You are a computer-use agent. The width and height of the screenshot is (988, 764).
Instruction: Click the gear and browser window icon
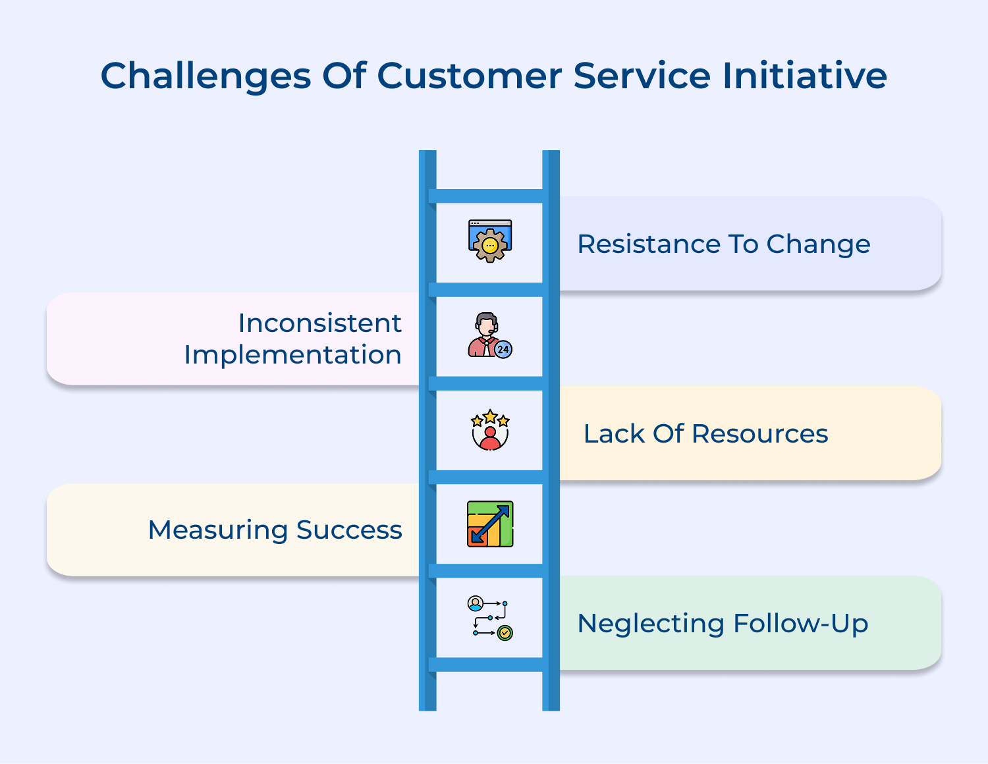pyautogui.click(x=490, y=241)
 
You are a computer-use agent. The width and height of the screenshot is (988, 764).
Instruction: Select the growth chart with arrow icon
pyautogui.click(x=490, y=524)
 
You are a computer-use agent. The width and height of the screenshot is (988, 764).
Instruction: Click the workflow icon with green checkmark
pyautogui.click(x=490, y=618)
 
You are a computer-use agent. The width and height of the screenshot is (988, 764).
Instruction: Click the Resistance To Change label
pyautogui.click(x=723, y=244)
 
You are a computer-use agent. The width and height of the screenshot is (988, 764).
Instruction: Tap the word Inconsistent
pyautogui.click(x=319, y=323)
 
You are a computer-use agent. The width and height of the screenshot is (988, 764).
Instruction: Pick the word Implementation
pyautogui.click(x=292, y=355)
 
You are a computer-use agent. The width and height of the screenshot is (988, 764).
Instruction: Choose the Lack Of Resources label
pyautogui.click(x=705, y=434)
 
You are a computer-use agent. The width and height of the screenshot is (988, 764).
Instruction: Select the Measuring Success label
pyautogui.click(x=275, y=530)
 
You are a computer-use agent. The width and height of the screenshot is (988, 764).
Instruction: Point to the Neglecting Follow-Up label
pyautogui.click(x=723, y=624)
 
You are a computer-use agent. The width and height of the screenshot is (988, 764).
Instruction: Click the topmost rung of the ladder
pyautogui.click(x=489, y=196)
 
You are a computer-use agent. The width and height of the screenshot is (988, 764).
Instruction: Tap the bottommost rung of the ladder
pyautogui.click(x=489, y=665)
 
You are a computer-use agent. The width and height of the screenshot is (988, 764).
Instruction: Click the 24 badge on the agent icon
pyautogui.click(x=503, y=350)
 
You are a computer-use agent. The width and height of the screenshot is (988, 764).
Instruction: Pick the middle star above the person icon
pyautogui.click(x=490, y=416)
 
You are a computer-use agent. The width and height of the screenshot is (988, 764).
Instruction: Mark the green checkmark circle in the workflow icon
pyautogui.click(x=505, y=633)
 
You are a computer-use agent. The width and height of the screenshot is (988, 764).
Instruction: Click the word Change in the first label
pyautogui.click(x=818, y=244)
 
